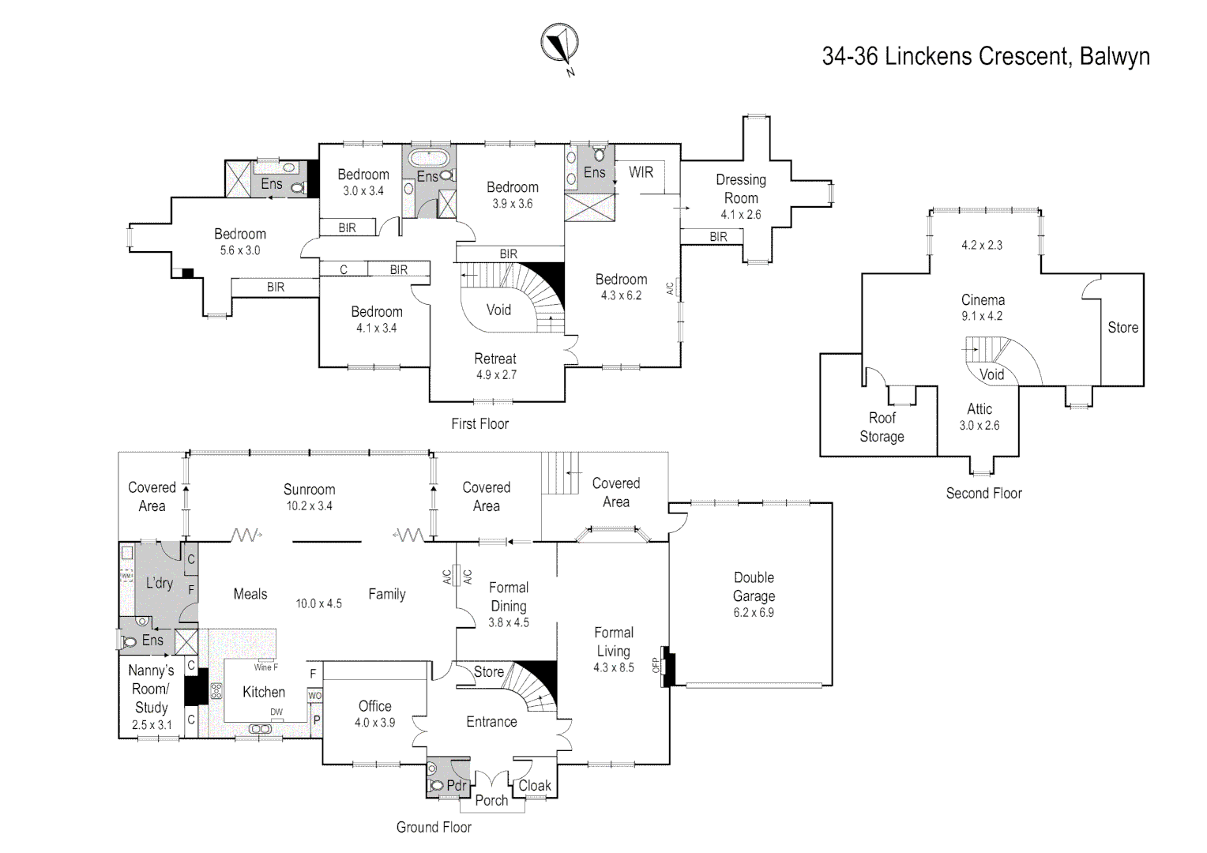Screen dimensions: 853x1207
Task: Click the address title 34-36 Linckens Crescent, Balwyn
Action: tap(985, 57)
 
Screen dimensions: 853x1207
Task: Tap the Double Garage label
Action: tap(754, 587)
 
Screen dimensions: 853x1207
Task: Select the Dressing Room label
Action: tap(741, 189)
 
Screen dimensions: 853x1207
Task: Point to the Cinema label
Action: tap(983, 300)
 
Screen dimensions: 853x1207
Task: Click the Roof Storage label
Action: tap(882, 427)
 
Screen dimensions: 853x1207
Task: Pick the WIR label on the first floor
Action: tap(641, 172)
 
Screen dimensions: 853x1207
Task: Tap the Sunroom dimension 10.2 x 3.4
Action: tap(309, 506)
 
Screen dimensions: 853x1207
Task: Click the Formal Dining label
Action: tap(509, 597)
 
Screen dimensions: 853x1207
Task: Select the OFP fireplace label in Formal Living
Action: tap(655, 665)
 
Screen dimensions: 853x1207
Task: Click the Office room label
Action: tap(374, 706)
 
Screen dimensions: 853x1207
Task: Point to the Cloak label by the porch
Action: tap(535, 785)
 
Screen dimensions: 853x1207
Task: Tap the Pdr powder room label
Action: tap(457, 785)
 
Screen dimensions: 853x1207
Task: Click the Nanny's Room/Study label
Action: tap(151, 689)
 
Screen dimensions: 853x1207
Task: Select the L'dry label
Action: tap(159, 583)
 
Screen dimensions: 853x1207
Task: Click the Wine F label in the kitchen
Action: tap(265, 667)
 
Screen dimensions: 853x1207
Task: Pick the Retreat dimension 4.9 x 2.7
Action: tap(495, 375)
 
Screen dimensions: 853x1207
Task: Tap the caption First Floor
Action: tap(479, 424)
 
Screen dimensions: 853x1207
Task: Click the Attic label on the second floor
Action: tap(980, 409)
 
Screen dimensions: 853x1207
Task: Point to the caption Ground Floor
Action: tap(434, 827)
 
